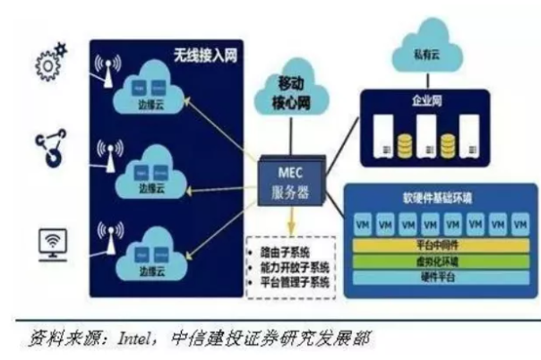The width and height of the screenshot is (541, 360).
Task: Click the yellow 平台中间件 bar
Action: [439, 243]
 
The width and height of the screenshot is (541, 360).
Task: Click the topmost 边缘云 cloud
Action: [148, 94]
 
